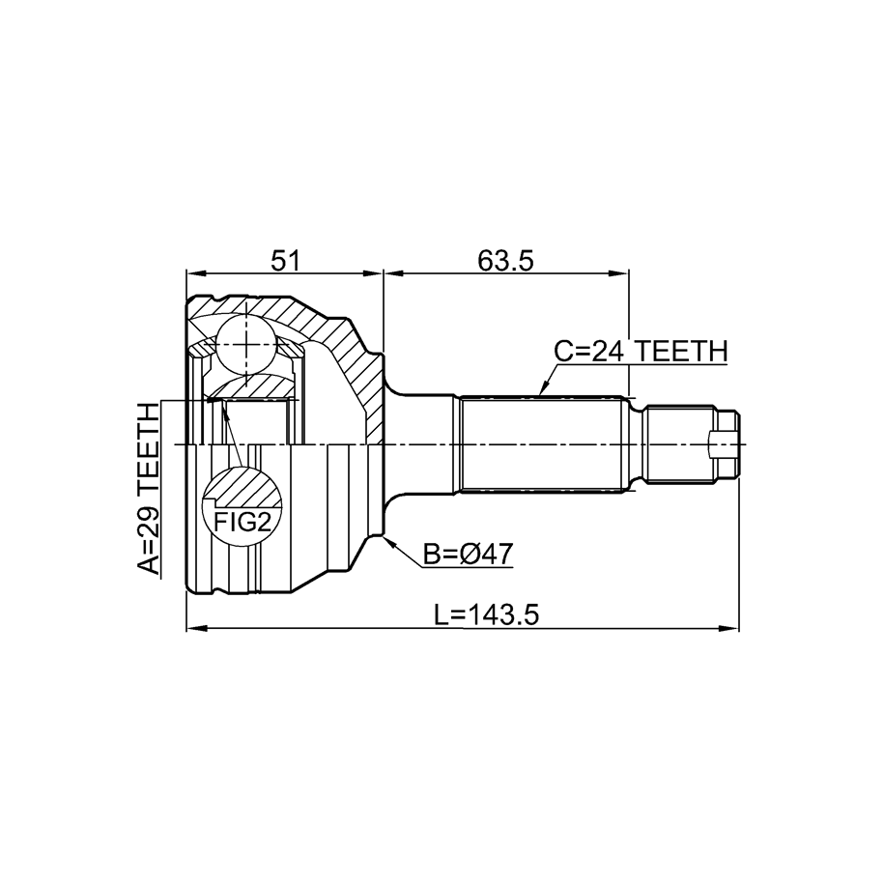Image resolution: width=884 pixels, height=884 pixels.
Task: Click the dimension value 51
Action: tap(287, 261)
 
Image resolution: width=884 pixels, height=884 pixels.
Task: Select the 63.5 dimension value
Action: tap(505, 261)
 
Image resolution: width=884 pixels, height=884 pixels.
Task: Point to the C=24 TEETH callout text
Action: tap(641, 352)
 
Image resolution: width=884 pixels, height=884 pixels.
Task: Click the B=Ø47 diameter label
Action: tap(469, 555)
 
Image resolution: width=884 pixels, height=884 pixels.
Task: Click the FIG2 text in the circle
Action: tap(242, 523)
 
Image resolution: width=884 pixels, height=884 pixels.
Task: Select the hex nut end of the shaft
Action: tap(727, 443)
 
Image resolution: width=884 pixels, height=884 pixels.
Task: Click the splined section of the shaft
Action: tap(544, 443)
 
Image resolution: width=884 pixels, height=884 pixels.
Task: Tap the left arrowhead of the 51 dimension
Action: tap(195, 274)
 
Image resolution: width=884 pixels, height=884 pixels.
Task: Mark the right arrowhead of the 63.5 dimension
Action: tap(619, 274)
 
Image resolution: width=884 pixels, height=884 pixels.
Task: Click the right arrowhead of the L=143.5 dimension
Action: tap(729, 627)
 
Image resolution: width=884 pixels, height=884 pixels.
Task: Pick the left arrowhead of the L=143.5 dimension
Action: tap(195, 627)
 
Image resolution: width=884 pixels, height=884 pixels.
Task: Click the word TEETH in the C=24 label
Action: tap(682, 352)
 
